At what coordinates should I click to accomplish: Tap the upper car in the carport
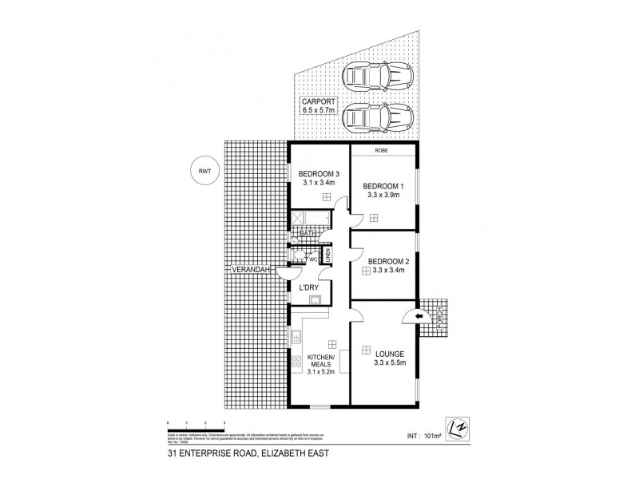[375, 78]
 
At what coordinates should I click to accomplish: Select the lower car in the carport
[375, 120]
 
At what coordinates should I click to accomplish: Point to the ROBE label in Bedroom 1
[382, 150]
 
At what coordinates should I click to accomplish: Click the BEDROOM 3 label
[318, 174]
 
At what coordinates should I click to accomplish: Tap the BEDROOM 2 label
[386, 259]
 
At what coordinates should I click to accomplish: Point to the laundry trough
[315, 300]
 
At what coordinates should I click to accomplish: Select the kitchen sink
[296, 338]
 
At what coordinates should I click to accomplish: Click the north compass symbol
[458, 430]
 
